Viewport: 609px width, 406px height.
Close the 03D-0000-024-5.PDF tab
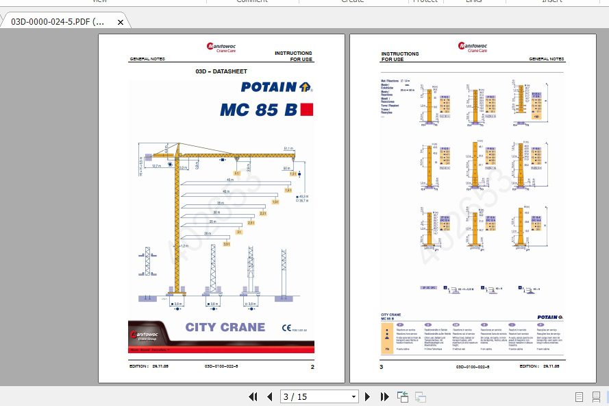click(x=121, y=22)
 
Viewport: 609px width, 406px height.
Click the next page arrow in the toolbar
click(x=368, y=396)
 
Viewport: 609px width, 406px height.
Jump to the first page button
click(x=253, y=396)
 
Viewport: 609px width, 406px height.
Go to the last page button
click(x=384, y=396)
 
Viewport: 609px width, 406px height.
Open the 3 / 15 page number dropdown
click(x=353, y=396)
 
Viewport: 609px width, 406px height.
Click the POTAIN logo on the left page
click(x=277, y=87)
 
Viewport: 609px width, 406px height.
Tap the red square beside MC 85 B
click(x=306, y=109)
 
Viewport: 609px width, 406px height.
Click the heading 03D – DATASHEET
click(x=221, y=71)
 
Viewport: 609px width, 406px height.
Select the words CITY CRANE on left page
click(x=225, y=327)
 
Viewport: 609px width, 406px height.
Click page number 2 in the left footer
click(x=312, y=367)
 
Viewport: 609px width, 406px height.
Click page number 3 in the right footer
click(x=382, y=367)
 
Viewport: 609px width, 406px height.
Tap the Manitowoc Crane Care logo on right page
click(x=473, y=47)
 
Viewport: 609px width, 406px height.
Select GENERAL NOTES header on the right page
click(x=546, y=60)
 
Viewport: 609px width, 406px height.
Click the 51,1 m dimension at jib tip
click(x=288, y=148)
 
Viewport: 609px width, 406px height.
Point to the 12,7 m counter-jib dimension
click(x=156, y=165)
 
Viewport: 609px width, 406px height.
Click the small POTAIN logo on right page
click(x=550, y=317)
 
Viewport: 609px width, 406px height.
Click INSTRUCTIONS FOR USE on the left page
click(x=293, y=56)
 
